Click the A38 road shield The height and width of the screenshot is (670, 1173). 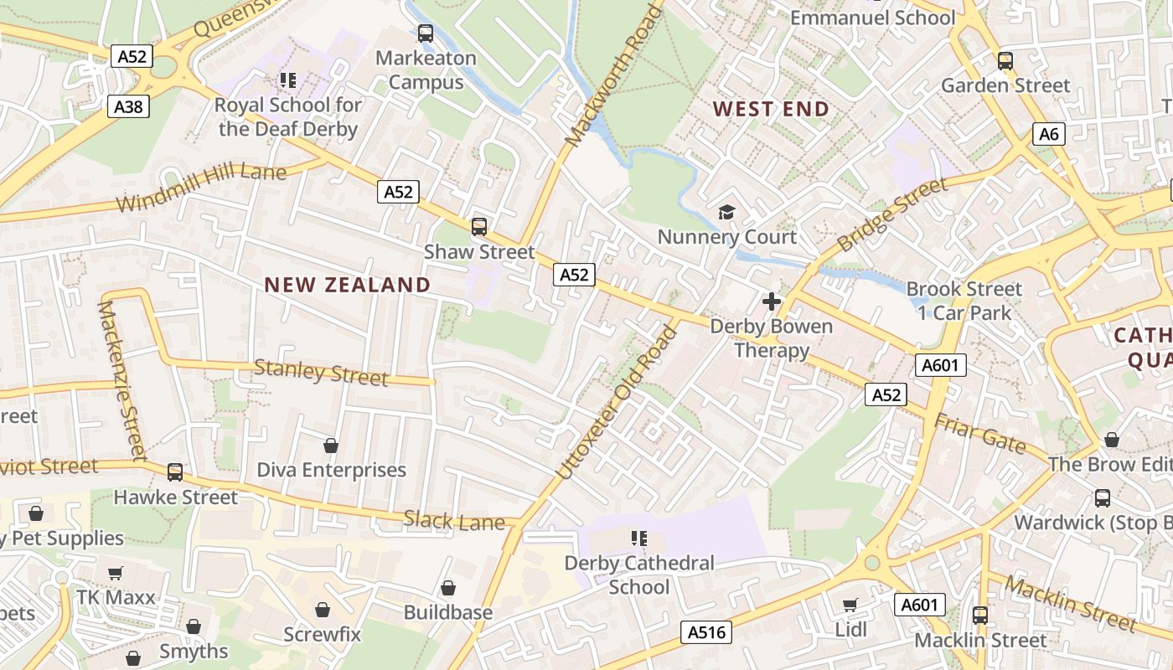(x=128, y=106)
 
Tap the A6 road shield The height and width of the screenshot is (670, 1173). (x=1049, y=134)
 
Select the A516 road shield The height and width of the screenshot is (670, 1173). (x=705, y=632)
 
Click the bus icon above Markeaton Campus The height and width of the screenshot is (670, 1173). (x=426, y=33)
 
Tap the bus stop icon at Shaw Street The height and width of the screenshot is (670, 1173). (x=479, y=226)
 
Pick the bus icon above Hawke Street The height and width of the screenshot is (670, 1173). (x=175, y=472)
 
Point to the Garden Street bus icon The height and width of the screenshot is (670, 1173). (x=1005, y=61)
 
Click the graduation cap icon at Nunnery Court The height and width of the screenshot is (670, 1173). (x=726, y=213)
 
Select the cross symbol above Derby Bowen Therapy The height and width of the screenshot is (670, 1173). (x=772, y=301)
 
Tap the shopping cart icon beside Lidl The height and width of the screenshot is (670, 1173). (x=850, y=605)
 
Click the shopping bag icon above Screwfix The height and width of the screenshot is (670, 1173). (x=323, y=610)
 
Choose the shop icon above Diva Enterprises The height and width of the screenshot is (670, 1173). (x=331, y=446)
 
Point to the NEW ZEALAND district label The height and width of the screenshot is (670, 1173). (x=348, y=285)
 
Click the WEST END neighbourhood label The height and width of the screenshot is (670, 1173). (x=771, y=109)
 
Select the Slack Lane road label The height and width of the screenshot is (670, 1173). (x=454, y=521)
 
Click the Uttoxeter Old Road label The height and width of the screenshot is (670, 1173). (x=617, y=404)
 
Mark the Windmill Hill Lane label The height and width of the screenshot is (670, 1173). (x=201, y=189)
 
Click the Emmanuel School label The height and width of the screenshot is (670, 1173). (x=872, y=18)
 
